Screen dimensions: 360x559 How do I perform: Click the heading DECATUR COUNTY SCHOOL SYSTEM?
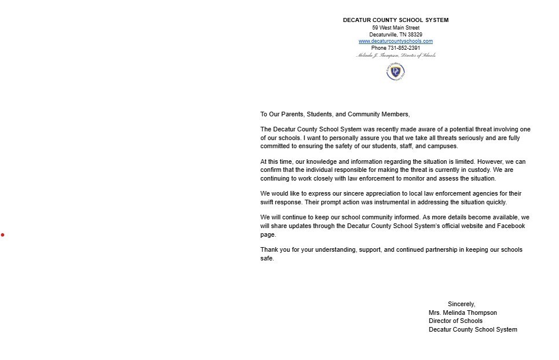[x=395, y=20]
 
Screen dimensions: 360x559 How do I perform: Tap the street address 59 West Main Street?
[x=395, y=28]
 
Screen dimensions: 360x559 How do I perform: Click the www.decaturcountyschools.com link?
[x=395, y=41]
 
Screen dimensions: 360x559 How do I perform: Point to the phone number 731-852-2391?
[x=404, y=48]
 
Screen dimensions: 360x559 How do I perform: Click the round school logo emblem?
[x=395, y=72]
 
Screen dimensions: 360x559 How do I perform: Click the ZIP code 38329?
[x=414, y=35]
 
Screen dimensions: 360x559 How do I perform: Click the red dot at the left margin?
[x=2, y=234]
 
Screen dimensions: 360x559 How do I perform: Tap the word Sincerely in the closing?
[x=461, y=304]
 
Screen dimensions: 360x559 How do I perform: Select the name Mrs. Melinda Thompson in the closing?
[x=462, y=313]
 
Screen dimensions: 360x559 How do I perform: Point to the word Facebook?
[x=511, y=226]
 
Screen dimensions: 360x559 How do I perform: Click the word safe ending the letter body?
[x=266, y=259]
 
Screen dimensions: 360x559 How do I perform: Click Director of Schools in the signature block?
[x=455, y=321]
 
